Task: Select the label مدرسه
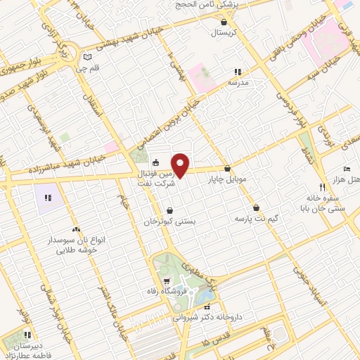point(237,82)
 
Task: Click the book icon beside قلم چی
point(86,58)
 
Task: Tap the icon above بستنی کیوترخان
point(170,210)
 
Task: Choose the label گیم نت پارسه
point(257,219)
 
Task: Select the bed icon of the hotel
point(347,169)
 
